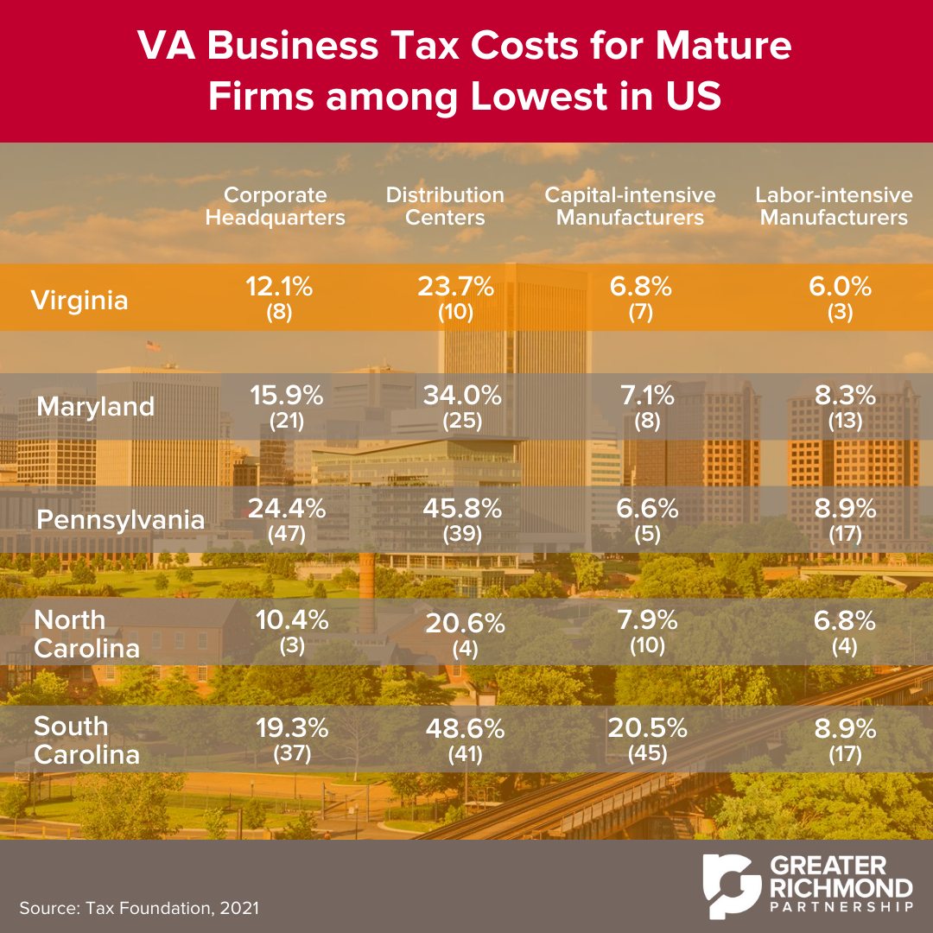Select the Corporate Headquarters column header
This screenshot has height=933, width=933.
(x=276, y=206)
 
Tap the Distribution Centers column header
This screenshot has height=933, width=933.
(x=445, y=206)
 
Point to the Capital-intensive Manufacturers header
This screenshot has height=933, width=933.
(x=630, y=206)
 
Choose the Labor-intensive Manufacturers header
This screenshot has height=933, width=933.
(x=834, y=206)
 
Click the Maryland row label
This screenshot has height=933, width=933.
(x=95, y=406)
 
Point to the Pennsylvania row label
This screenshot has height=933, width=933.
(x=121, y=520)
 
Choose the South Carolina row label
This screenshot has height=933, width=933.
(x=86, y=739)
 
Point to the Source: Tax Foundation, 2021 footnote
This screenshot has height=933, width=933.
(x=139, y=909)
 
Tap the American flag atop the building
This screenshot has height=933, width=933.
(x=154, y=346)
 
